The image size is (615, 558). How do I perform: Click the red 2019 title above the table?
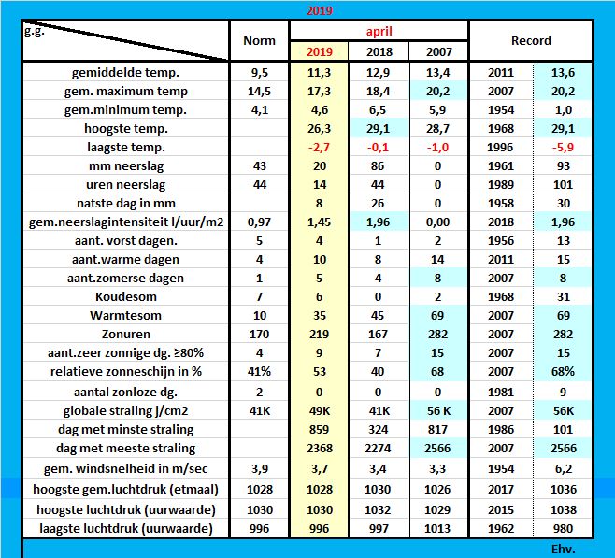coord(320,11)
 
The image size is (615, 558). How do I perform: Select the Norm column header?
coord(259,41)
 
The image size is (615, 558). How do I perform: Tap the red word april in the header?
coord(378,31)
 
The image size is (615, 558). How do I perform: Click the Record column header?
coord(531,41)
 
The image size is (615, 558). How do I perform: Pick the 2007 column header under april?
coord(437,50)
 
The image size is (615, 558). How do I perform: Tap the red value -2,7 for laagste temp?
coord(319,147)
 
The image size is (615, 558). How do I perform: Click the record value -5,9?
coord(563,147)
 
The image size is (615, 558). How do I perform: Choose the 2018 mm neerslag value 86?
coord(379,165)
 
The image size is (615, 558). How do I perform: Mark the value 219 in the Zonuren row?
coord(319,334)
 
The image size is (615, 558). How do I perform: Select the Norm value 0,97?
coord(259,222)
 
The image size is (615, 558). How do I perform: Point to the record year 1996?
coord(501,147)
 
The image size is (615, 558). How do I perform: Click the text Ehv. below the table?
coord(564,549)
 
